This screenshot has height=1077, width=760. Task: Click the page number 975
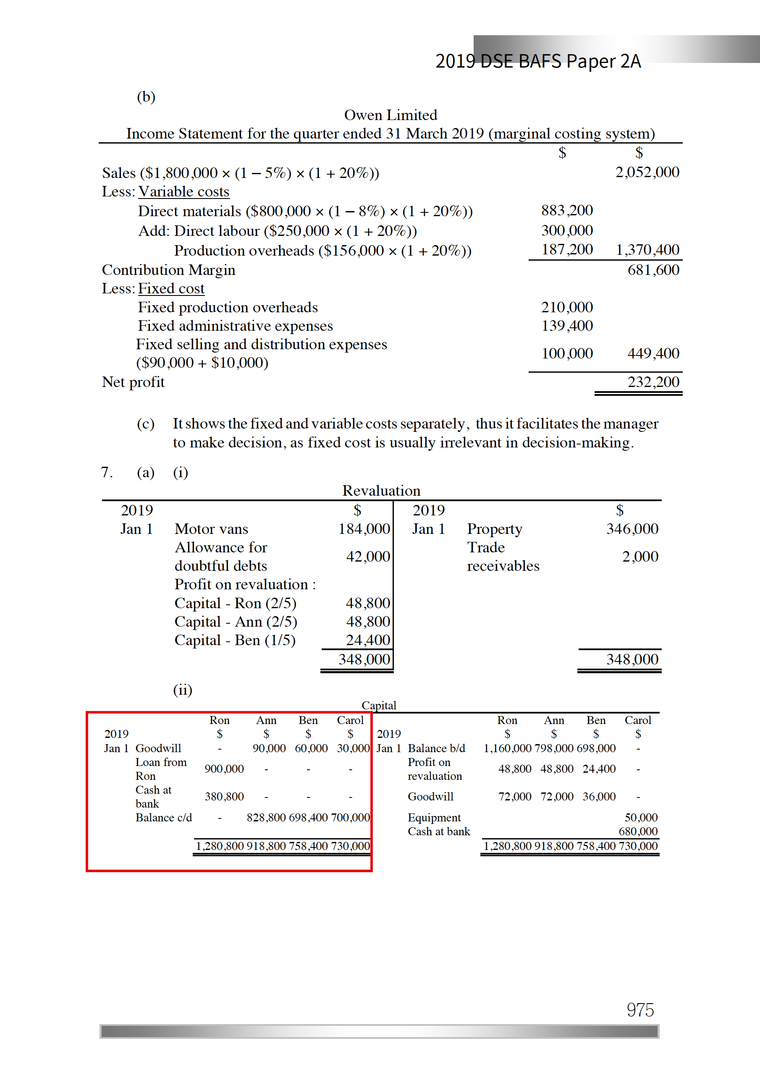[640, 1009]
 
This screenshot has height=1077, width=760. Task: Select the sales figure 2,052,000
[647, 172]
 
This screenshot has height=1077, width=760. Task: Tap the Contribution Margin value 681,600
[653, 270]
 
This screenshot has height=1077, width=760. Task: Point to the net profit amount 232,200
[653, 382]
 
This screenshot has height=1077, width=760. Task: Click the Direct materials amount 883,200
[567, 210]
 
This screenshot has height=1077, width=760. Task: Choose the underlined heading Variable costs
[183, 191]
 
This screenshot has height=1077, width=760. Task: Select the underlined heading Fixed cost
[171, 288]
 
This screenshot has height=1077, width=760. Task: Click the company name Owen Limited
[390, 115]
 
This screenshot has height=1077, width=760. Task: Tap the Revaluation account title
[381, 491]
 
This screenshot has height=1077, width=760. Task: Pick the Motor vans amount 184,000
[364, 529]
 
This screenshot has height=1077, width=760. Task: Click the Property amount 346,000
[632, 529]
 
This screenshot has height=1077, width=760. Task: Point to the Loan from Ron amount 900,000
[224, 769]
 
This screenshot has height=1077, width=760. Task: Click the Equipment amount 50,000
[641, 817]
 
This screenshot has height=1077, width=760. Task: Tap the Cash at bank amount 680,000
[638, 831]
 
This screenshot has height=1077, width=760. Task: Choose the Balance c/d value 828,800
[266, 817]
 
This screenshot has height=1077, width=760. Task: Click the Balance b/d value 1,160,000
[507, 748]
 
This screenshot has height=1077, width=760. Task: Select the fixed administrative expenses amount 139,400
[567, 326]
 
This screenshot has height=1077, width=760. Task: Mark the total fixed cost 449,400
[653, 353]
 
